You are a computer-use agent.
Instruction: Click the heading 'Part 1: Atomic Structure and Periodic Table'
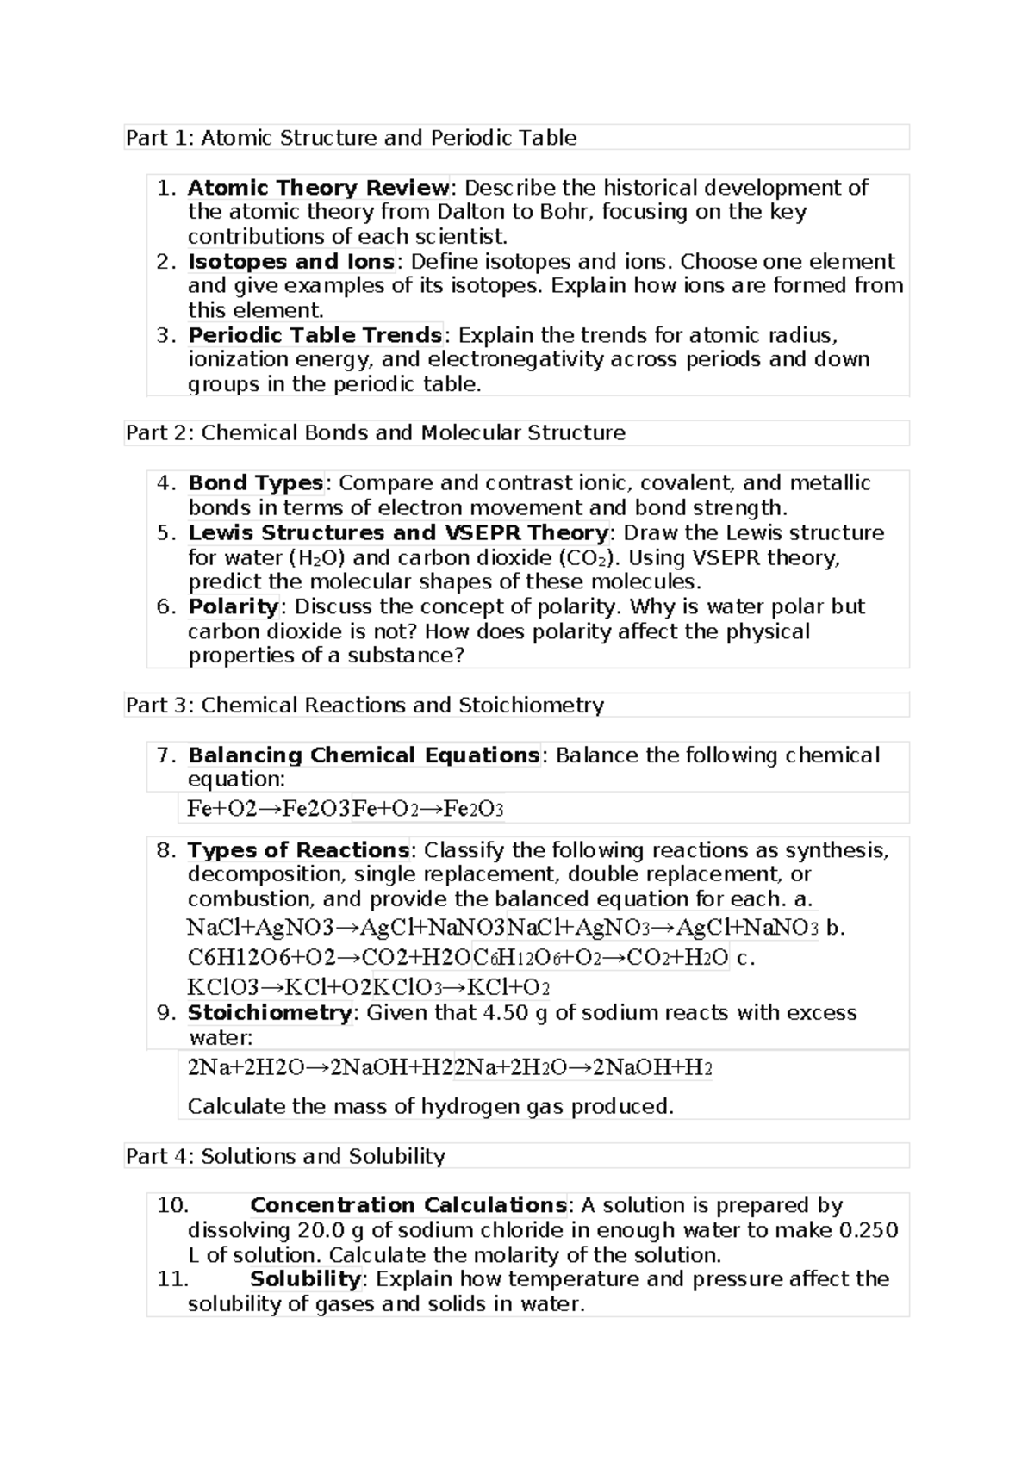[351, 138]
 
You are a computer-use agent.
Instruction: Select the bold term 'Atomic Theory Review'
[318, 188]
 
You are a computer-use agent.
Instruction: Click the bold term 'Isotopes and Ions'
[291, 262]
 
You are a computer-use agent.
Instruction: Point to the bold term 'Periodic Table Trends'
[315, 335]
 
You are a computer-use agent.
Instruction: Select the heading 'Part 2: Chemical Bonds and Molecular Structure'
[376, 432]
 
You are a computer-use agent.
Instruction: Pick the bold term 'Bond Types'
[255, 483]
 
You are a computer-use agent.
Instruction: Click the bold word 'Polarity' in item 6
[233, 606]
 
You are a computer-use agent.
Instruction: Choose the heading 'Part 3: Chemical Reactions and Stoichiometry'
[364, 706]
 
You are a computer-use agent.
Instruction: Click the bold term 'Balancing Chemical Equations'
[364, 755]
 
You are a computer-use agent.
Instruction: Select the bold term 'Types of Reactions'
[298, 850]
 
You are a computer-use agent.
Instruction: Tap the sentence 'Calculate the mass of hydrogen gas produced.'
[430, 1107]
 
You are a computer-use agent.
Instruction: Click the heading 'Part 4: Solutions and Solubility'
[285, 1156]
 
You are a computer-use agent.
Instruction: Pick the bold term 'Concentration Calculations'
[408, 1205]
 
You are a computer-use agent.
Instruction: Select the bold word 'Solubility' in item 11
[304, 1279]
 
